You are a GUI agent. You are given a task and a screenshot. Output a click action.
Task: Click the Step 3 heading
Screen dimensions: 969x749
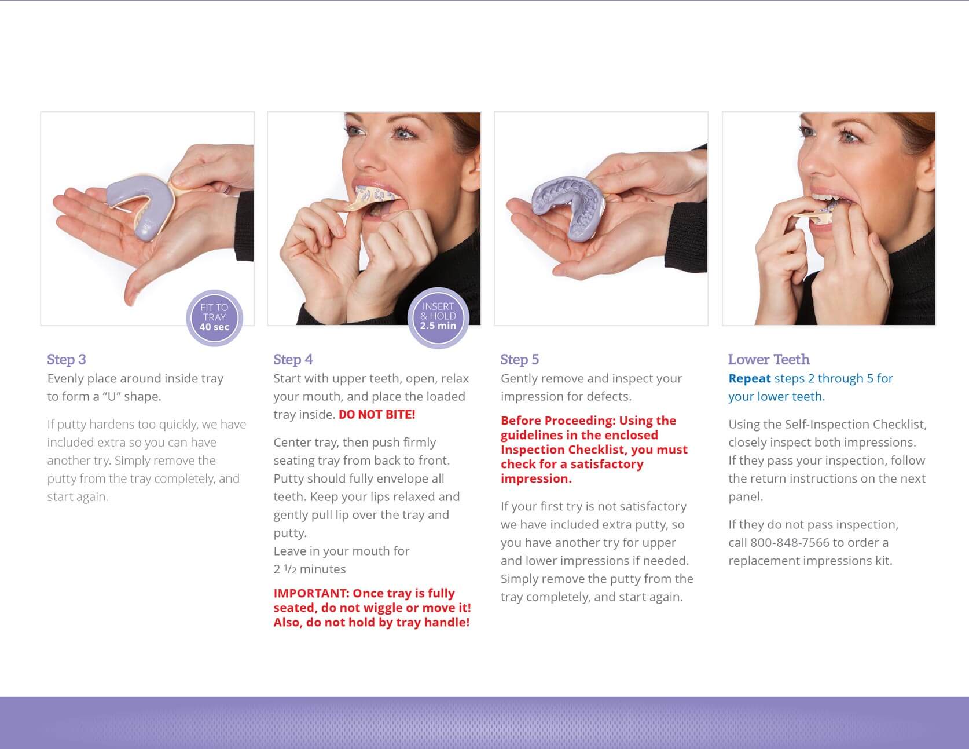coord(67,359)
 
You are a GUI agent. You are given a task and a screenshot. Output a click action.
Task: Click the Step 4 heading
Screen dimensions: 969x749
coord(293,359)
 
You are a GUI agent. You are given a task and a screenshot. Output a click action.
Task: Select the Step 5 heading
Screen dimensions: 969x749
coord(520,359)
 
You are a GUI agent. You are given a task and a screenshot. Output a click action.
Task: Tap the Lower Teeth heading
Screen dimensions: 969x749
coord(769,359)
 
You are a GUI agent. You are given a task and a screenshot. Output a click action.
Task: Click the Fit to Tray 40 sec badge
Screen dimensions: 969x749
coord(214,317)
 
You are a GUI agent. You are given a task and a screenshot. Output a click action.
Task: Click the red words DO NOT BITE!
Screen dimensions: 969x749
coord(377,415)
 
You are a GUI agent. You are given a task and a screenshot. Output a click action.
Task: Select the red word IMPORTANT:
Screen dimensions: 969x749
coord(311,593)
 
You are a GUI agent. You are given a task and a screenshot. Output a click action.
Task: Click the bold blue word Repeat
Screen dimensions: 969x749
coord(749,378)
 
